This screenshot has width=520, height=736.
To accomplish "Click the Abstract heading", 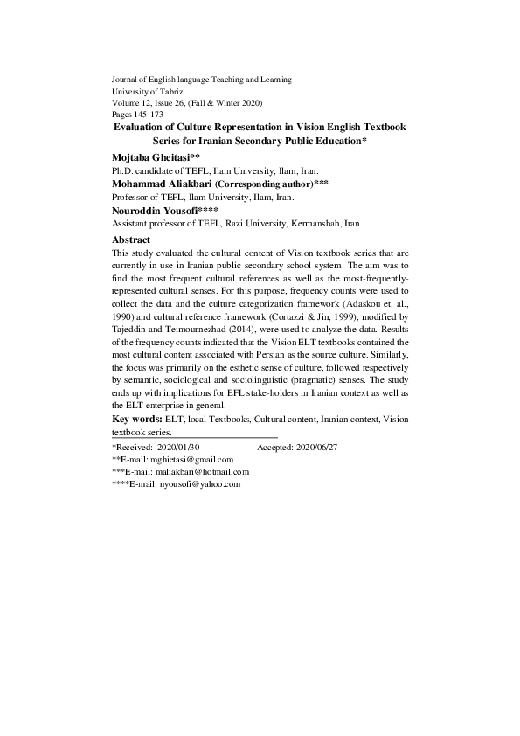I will tap(132, 240).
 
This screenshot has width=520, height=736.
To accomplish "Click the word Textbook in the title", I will tap(379, 127).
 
